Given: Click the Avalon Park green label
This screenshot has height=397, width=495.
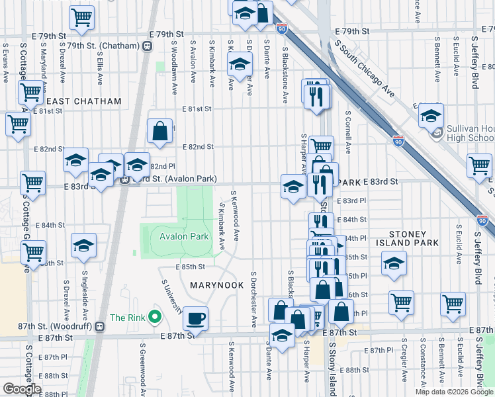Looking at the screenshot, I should (x=184, y=236).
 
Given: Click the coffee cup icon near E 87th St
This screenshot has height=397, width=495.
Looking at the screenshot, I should (x=195, y=318).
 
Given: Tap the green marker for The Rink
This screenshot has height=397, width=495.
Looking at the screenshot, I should (x=155, y=318).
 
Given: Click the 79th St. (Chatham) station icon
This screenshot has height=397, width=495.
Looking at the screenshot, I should (x=146, y=46).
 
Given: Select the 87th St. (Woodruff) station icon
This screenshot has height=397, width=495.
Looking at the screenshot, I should (x=99, y=326).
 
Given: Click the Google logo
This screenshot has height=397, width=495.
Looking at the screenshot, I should (x=22, y=389).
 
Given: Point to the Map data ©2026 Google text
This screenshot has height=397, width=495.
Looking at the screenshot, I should (x=455, y=392).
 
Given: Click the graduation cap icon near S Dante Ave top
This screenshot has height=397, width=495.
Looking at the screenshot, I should (x=240, y=64).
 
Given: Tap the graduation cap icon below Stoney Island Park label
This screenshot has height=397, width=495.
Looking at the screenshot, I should (x=394, y=264).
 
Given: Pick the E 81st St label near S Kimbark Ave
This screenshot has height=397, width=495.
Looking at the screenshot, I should (x=197, y=109).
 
